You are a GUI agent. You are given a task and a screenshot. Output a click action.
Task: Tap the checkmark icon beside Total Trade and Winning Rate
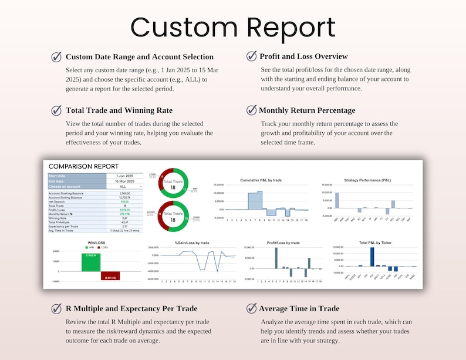[x=56, y=110]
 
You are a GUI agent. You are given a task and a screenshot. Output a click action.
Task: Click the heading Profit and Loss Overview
[x=303, y=56]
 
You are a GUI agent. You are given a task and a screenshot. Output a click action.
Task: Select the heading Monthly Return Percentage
[x=307, y=110]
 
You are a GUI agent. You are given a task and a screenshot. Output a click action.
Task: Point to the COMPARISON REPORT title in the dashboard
[x=83, y=166]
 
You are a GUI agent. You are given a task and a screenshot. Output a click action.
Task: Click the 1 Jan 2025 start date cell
[x=124, y=176]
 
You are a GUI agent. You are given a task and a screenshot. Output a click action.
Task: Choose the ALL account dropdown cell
[x=123, y=187]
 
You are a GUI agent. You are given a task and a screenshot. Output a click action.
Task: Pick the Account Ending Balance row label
[x=66, y=197]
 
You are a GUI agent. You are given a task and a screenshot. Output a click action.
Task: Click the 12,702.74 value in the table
[x=124, y=197]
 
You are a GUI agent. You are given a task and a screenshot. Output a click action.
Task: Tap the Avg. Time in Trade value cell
[x=124, y=230]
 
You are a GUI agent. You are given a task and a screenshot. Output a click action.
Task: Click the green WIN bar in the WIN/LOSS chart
[x=91, y=263]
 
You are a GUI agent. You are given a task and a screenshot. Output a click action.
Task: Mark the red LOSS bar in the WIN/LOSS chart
[x=110, y=275]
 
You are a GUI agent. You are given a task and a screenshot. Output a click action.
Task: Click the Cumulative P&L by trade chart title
[x=262, y=180]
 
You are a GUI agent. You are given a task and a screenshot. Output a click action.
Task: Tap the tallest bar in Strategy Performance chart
[x=337, y=200]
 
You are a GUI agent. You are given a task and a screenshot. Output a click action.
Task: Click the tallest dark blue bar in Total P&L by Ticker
[x=372, y=257]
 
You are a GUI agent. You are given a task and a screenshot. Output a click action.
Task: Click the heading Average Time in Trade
[x=299, y=308]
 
